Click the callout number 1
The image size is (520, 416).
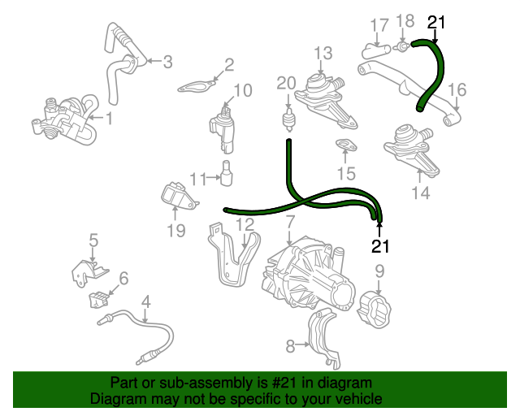coord(110,119)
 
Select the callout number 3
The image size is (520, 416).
coord(167,61)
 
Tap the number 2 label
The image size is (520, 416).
coord(229,64)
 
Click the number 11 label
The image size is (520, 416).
coord(198,178)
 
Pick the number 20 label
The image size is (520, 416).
coord(286,82)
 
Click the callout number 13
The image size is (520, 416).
coord(323,54)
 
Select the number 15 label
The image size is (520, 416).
coord(346,173)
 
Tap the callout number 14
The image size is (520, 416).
coord(420,193)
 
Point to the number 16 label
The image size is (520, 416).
coord(457,89)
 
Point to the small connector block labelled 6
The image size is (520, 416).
coord(99,299)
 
